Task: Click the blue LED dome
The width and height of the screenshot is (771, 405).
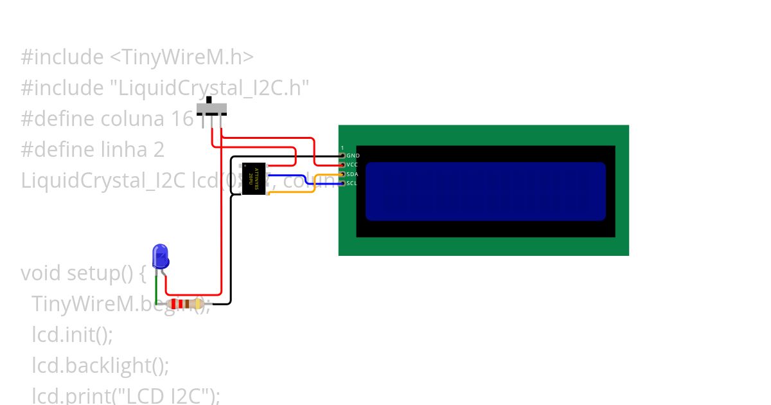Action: tap(161, 255)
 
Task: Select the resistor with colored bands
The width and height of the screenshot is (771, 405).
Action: tap(185, 304)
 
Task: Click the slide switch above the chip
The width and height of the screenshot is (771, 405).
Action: tap(211, 107)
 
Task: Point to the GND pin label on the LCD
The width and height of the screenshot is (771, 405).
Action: tap(353, 156)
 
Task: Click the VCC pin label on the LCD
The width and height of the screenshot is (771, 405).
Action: tap(352, 165)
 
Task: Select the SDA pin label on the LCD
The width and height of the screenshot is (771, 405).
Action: tap(352, 174)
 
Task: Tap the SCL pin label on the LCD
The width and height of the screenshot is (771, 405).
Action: tap(351, 183)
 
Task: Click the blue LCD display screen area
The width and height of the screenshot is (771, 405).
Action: tap(485, 191)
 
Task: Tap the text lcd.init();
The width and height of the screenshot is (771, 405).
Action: tap(72, 335)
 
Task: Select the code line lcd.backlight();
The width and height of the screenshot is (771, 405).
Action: tap(100, 366)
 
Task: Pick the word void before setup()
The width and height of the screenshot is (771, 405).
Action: tap(41, 273)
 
